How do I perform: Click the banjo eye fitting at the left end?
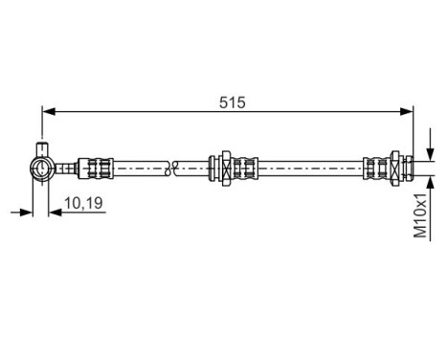tap(41, 169)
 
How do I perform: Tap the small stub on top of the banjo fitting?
tap(41, 148)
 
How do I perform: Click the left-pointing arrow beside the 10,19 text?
tap(56, 211)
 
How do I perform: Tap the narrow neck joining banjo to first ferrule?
tap(65, 169)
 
